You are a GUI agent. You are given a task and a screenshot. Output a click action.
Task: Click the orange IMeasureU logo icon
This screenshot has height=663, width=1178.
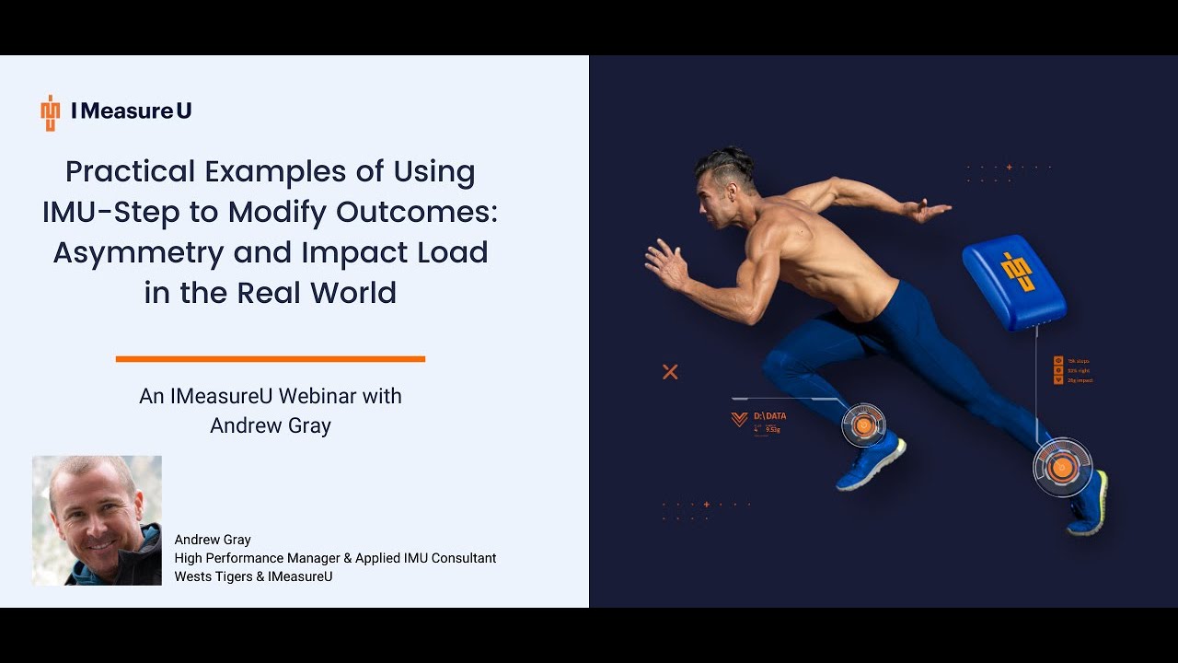point(50,112)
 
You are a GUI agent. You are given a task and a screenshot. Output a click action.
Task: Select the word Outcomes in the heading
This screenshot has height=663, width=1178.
point(416,212)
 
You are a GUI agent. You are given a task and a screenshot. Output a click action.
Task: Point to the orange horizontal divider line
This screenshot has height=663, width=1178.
point(270,359)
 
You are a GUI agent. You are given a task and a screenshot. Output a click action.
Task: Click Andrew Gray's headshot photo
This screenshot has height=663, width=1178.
point(97,520)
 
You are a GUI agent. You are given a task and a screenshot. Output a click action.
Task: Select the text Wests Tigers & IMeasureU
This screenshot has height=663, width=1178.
point(253,576)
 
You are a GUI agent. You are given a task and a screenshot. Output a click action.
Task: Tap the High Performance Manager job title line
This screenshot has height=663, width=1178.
point(335,558)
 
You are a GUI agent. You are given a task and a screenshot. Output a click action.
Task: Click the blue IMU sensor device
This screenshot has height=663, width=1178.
point(1014,282)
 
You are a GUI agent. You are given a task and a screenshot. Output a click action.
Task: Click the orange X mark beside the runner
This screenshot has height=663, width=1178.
point(670,372)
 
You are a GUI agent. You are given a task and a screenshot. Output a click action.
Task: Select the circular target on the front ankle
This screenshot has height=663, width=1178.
point(863,425)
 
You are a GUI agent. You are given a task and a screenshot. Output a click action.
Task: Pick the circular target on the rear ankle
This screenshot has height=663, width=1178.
point(1062,468)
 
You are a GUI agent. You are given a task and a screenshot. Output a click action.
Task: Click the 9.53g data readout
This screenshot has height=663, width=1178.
point(772,429)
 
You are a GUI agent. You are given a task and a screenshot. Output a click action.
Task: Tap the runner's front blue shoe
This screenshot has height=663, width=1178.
point(870,464)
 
